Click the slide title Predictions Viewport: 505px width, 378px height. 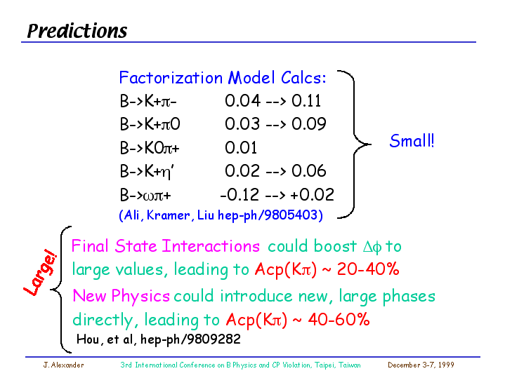point(77,32)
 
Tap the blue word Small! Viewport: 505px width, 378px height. point(412,141)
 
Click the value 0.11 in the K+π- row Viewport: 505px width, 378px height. point(306,101)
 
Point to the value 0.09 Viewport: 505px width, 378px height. point(308,124)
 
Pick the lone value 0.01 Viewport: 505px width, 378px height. point(241,148)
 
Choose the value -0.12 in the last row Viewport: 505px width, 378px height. point(240,195)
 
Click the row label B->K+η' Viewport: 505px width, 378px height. point(147,171)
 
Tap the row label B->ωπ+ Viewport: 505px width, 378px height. point(145,195)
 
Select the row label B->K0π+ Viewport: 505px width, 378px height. point(150,148)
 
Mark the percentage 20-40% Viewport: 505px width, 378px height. point(368,269)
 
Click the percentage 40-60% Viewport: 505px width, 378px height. point(339,319)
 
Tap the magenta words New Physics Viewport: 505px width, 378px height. point(121,296)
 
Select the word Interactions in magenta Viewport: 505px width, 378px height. point(211,246)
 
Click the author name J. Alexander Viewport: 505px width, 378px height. point(63,365)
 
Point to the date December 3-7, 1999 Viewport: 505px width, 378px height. point(421,365)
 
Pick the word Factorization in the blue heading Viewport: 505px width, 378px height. point(171,78)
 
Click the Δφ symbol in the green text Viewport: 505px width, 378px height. point(372,247)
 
